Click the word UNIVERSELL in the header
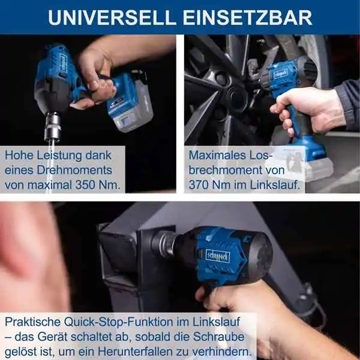[112, 17]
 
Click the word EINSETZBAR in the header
[247, 17]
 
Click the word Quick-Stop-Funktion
[118, 322]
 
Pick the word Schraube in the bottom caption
[219, 337]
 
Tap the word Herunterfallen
[135, 352]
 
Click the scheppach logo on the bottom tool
[218, 256]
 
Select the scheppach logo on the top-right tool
[280, 74]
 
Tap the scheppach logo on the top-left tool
[63, 62]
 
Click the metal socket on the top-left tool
[53, 126]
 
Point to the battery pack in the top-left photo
[130, 102]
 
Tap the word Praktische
[33, 322]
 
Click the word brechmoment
[225, 170]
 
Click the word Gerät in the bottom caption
[53, 337]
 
